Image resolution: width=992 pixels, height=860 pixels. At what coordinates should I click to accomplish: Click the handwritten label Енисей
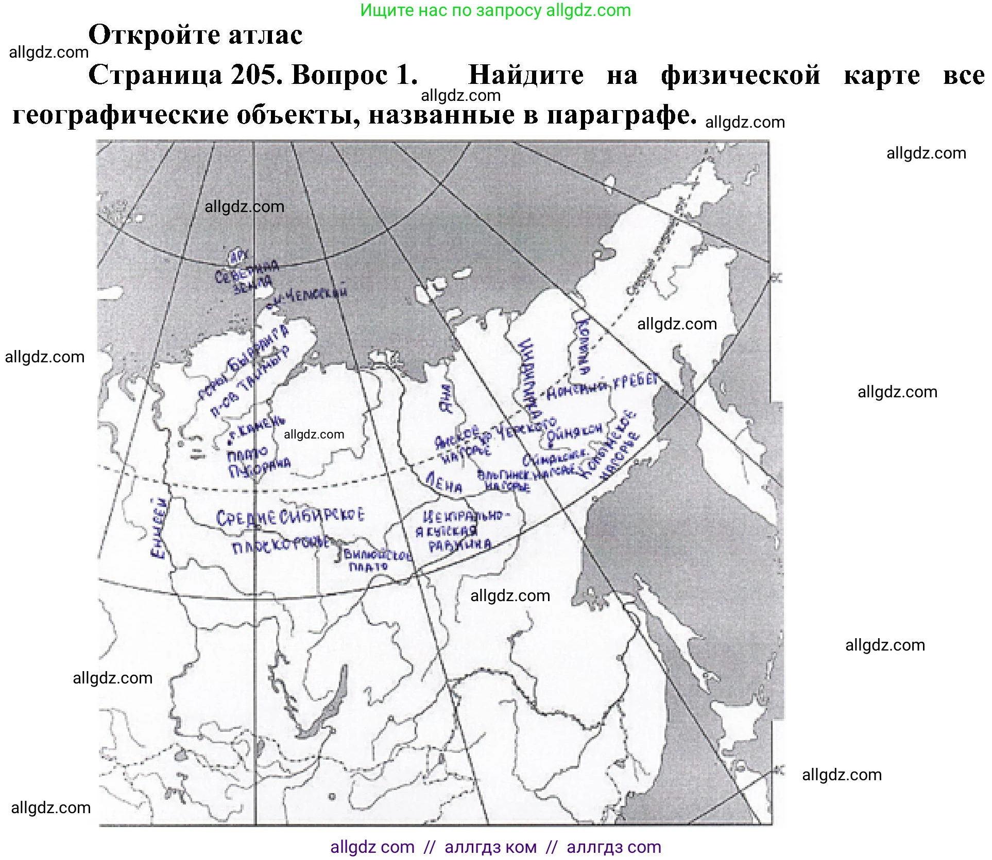pyautogui.click(x=159, y=528)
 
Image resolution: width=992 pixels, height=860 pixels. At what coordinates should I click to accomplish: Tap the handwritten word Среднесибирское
pyautogui.click(x=290, y=517)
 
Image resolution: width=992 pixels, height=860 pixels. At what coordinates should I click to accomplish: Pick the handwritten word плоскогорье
pyautogui.click(x=281, y=545)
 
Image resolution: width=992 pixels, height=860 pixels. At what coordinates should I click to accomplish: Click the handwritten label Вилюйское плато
pyautogui.click(x=378, y=560)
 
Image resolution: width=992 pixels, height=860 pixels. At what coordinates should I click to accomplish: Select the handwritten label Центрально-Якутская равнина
pyautogui.click(x=461, y=531)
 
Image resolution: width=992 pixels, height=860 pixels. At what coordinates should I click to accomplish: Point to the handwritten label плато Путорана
pyautogui.click(x=257, y=462)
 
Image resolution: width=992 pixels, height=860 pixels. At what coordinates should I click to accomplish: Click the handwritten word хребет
pyautogui.click(x=635, y=381)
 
